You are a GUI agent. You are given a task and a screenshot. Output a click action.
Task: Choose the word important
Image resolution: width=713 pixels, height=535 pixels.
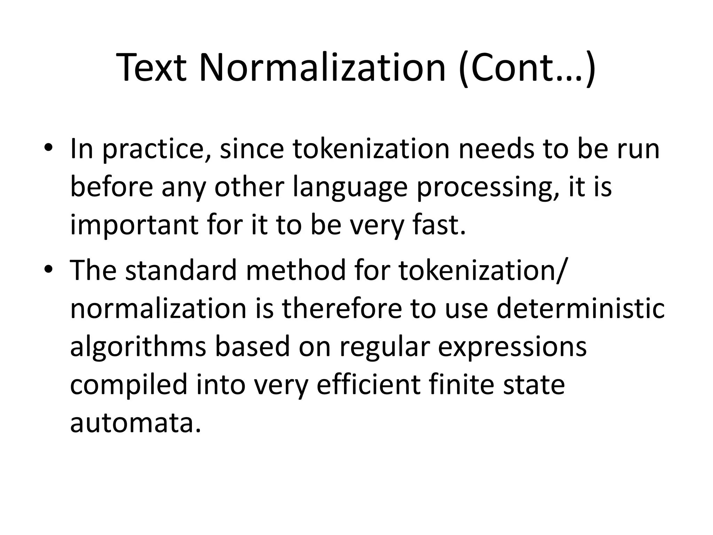click(134, 225)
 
